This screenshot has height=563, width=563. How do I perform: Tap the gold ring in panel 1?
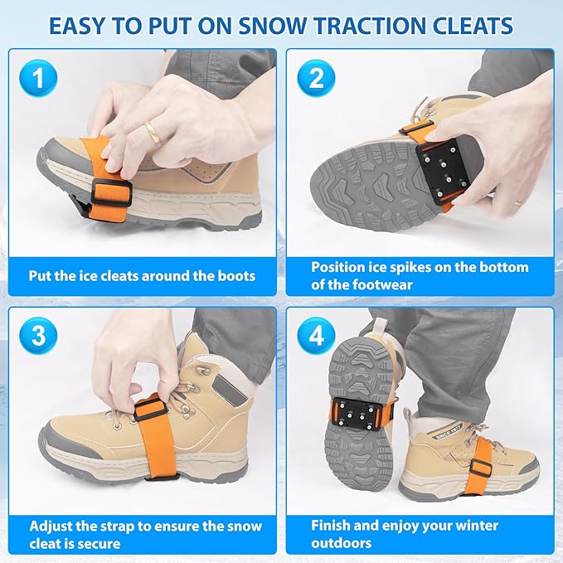(x=153, y=131)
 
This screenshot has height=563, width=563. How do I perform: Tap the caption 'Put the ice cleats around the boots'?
(x=142, y=276)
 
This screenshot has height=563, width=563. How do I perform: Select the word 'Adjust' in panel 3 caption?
(x=52, y=527)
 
